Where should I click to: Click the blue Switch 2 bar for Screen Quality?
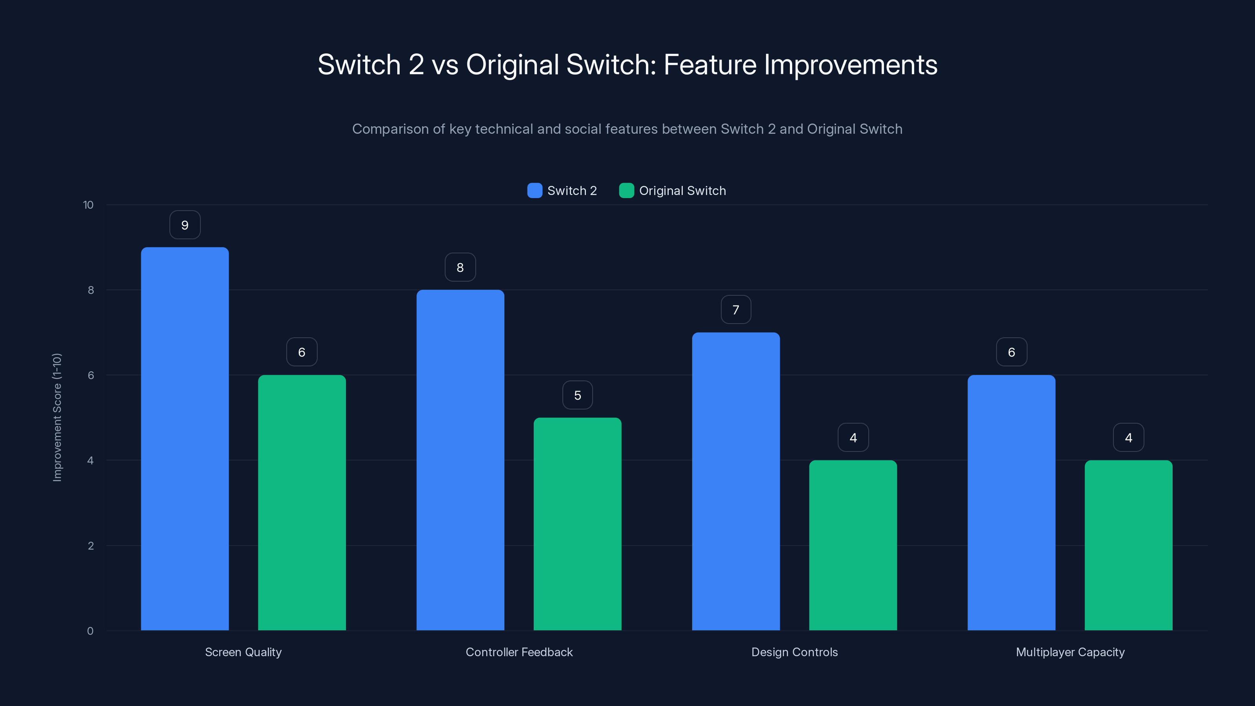click(185, 439)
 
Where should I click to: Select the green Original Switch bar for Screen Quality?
click(302, 502)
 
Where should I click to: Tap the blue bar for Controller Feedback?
click(460, 460)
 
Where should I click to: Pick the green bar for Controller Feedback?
click(577, 524)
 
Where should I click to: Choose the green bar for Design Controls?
click(853, 545)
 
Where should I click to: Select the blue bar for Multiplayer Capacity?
click(1011, 502)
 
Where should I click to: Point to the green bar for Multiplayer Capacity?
click(1128, 545)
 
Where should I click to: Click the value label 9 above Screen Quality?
click(185, 225)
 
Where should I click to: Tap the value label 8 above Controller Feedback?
click(460, 267)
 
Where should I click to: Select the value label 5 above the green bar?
click(577, 395)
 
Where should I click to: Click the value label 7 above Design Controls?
click(736, 310)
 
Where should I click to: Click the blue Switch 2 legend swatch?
click(535, 191)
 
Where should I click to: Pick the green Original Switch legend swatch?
click(626, 191)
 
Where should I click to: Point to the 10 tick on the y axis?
click(88, 205)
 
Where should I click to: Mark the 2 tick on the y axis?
click(91, 546)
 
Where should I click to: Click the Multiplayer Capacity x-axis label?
click(1070, 652)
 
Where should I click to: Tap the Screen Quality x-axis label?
click(243, 652)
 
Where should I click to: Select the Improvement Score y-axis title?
click(57, 418)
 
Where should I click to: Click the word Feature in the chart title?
click(710, 65)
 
